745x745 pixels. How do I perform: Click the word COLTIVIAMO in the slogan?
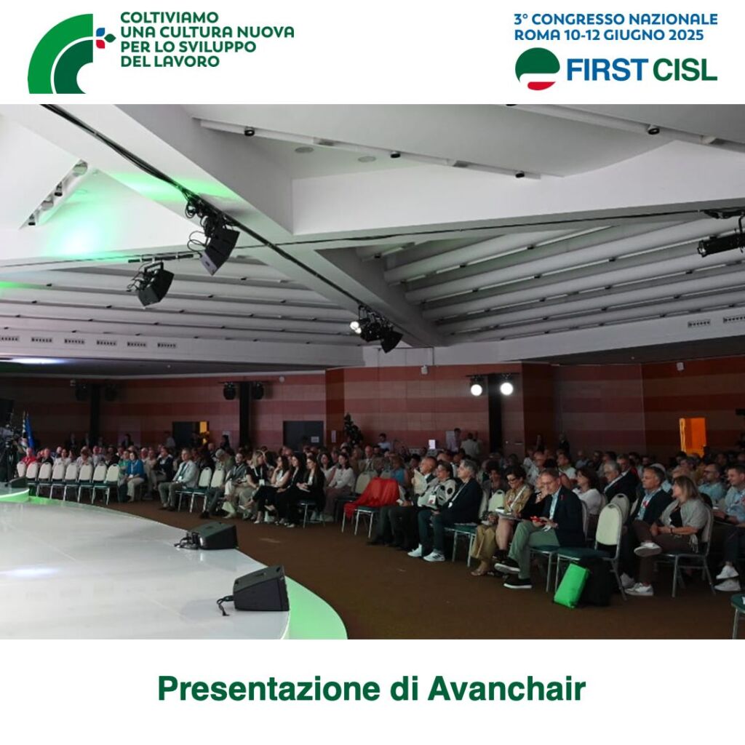(169, 17)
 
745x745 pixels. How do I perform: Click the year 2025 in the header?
(685, 35)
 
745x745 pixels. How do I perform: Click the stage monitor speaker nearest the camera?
(260, 589)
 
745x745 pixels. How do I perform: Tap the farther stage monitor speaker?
(212, 535)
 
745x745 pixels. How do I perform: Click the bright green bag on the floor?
(571, 586)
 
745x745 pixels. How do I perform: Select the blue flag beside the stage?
(29, 431)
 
